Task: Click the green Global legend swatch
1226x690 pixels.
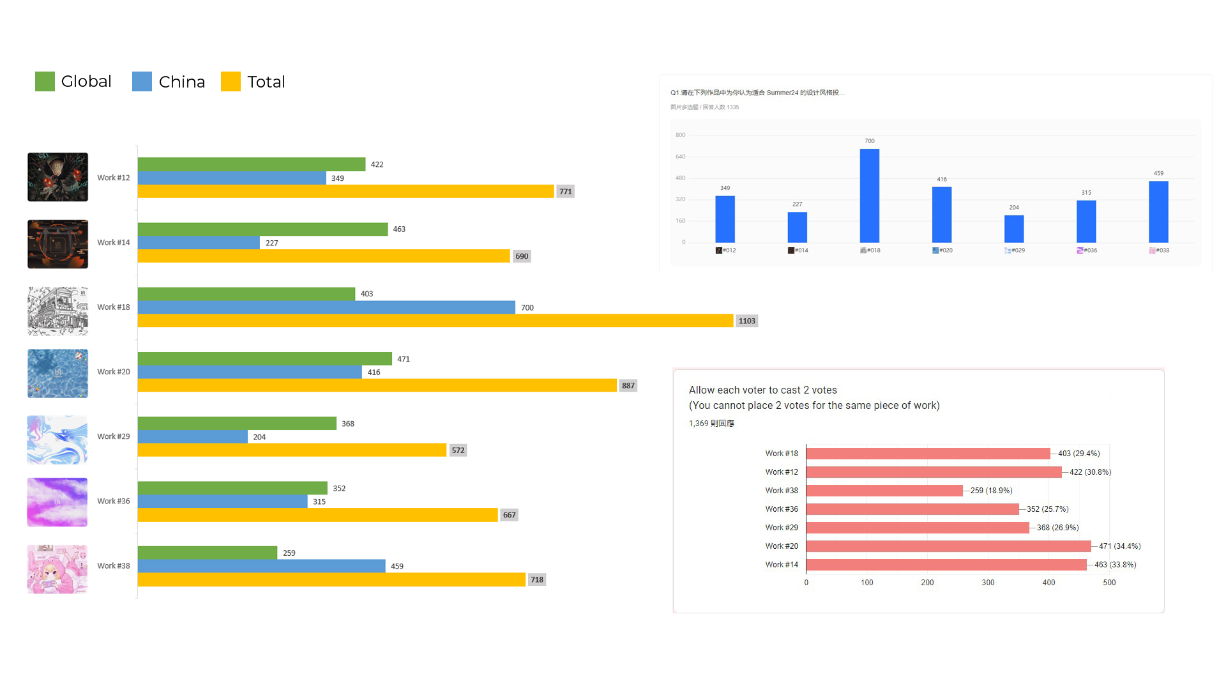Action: coord(45,82)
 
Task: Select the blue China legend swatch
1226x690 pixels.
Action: coord(142,82)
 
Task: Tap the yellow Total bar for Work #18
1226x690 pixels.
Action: coord(435,321)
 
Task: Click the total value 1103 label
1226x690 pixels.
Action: coord(746,321)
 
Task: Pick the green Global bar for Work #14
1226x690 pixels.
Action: coord(262,229)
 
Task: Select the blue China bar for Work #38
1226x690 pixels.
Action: coord(261,566)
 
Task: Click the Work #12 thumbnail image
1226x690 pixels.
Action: coord(57,177)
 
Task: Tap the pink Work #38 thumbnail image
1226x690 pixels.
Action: coord(57,569)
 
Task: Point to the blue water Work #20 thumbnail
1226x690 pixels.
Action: coord(57,373)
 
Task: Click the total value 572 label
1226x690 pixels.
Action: coord(458,450)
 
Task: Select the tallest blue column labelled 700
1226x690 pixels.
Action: coord(869,195)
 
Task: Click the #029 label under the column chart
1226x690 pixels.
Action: coord(1015,250)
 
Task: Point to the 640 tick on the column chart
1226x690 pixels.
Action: coord(680,157)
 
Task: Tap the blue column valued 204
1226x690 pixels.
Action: coord(1014,229)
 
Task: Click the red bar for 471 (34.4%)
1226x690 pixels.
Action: coord(948,546)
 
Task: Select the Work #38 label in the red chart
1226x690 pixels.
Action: coord(782,491)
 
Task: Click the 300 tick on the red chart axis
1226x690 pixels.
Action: coord(988,583)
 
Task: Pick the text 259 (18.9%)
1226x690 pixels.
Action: coord(991,491)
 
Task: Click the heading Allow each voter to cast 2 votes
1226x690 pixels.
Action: coord(762,390)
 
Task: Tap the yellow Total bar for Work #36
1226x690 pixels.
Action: coord(317,515)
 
